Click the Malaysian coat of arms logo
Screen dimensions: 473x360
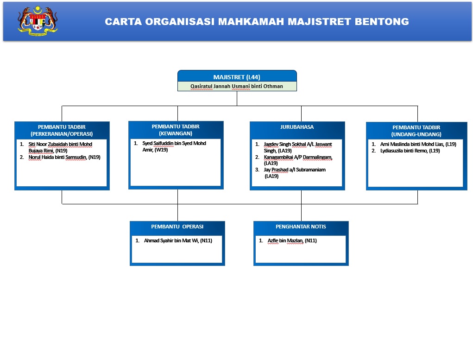[38, 21]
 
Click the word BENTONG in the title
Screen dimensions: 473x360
[382, 22]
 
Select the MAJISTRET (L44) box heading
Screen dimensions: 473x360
[237, 77]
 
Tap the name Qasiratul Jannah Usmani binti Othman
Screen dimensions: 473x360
[237, 86]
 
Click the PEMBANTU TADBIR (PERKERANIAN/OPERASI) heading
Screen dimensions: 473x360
[62, 130]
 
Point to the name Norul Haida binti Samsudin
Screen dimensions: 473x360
[57, 157]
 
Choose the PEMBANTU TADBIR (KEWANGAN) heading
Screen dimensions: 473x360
[176, 130]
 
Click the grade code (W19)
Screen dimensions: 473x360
[161, 150]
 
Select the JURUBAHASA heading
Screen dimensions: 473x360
[297, 127]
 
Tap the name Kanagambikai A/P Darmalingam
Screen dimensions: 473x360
[298, 157]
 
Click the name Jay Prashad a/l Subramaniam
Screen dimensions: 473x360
[295, 170]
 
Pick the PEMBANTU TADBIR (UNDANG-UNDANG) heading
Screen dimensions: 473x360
[416, 131]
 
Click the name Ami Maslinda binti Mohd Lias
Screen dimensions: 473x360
[412, 144]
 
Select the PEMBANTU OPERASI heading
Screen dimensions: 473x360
[177, 227]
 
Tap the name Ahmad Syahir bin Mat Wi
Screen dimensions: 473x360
[171, 240]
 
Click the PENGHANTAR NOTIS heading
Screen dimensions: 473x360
[301, 227]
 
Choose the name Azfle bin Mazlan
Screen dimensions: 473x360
[285, 240]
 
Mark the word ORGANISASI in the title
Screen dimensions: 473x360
[180, 22]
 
